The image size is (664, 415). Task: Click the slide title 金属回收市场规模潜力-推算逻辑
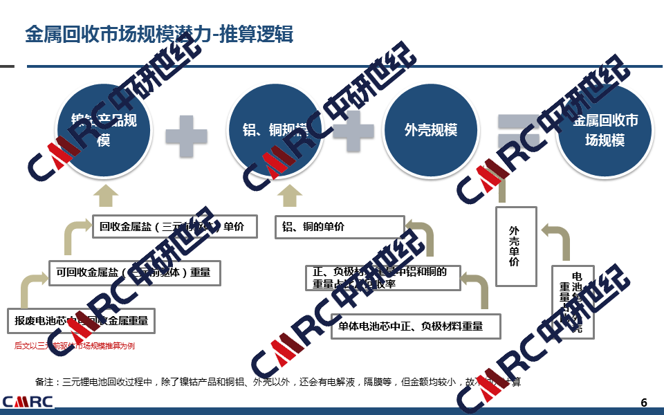point(159,34)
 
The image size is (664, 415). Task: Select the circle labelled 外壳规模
point(430,130)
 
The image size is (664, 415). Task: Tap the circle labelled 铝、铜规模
point(275,130)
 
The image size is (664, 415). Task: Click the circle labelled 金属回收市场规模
point(605,130)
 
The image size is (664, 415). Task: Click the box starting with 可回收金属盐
point(134,273)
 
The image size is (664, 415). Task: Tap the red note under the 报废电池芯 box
point(74,346)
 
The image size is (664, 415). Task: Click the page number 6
point(644,403)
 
